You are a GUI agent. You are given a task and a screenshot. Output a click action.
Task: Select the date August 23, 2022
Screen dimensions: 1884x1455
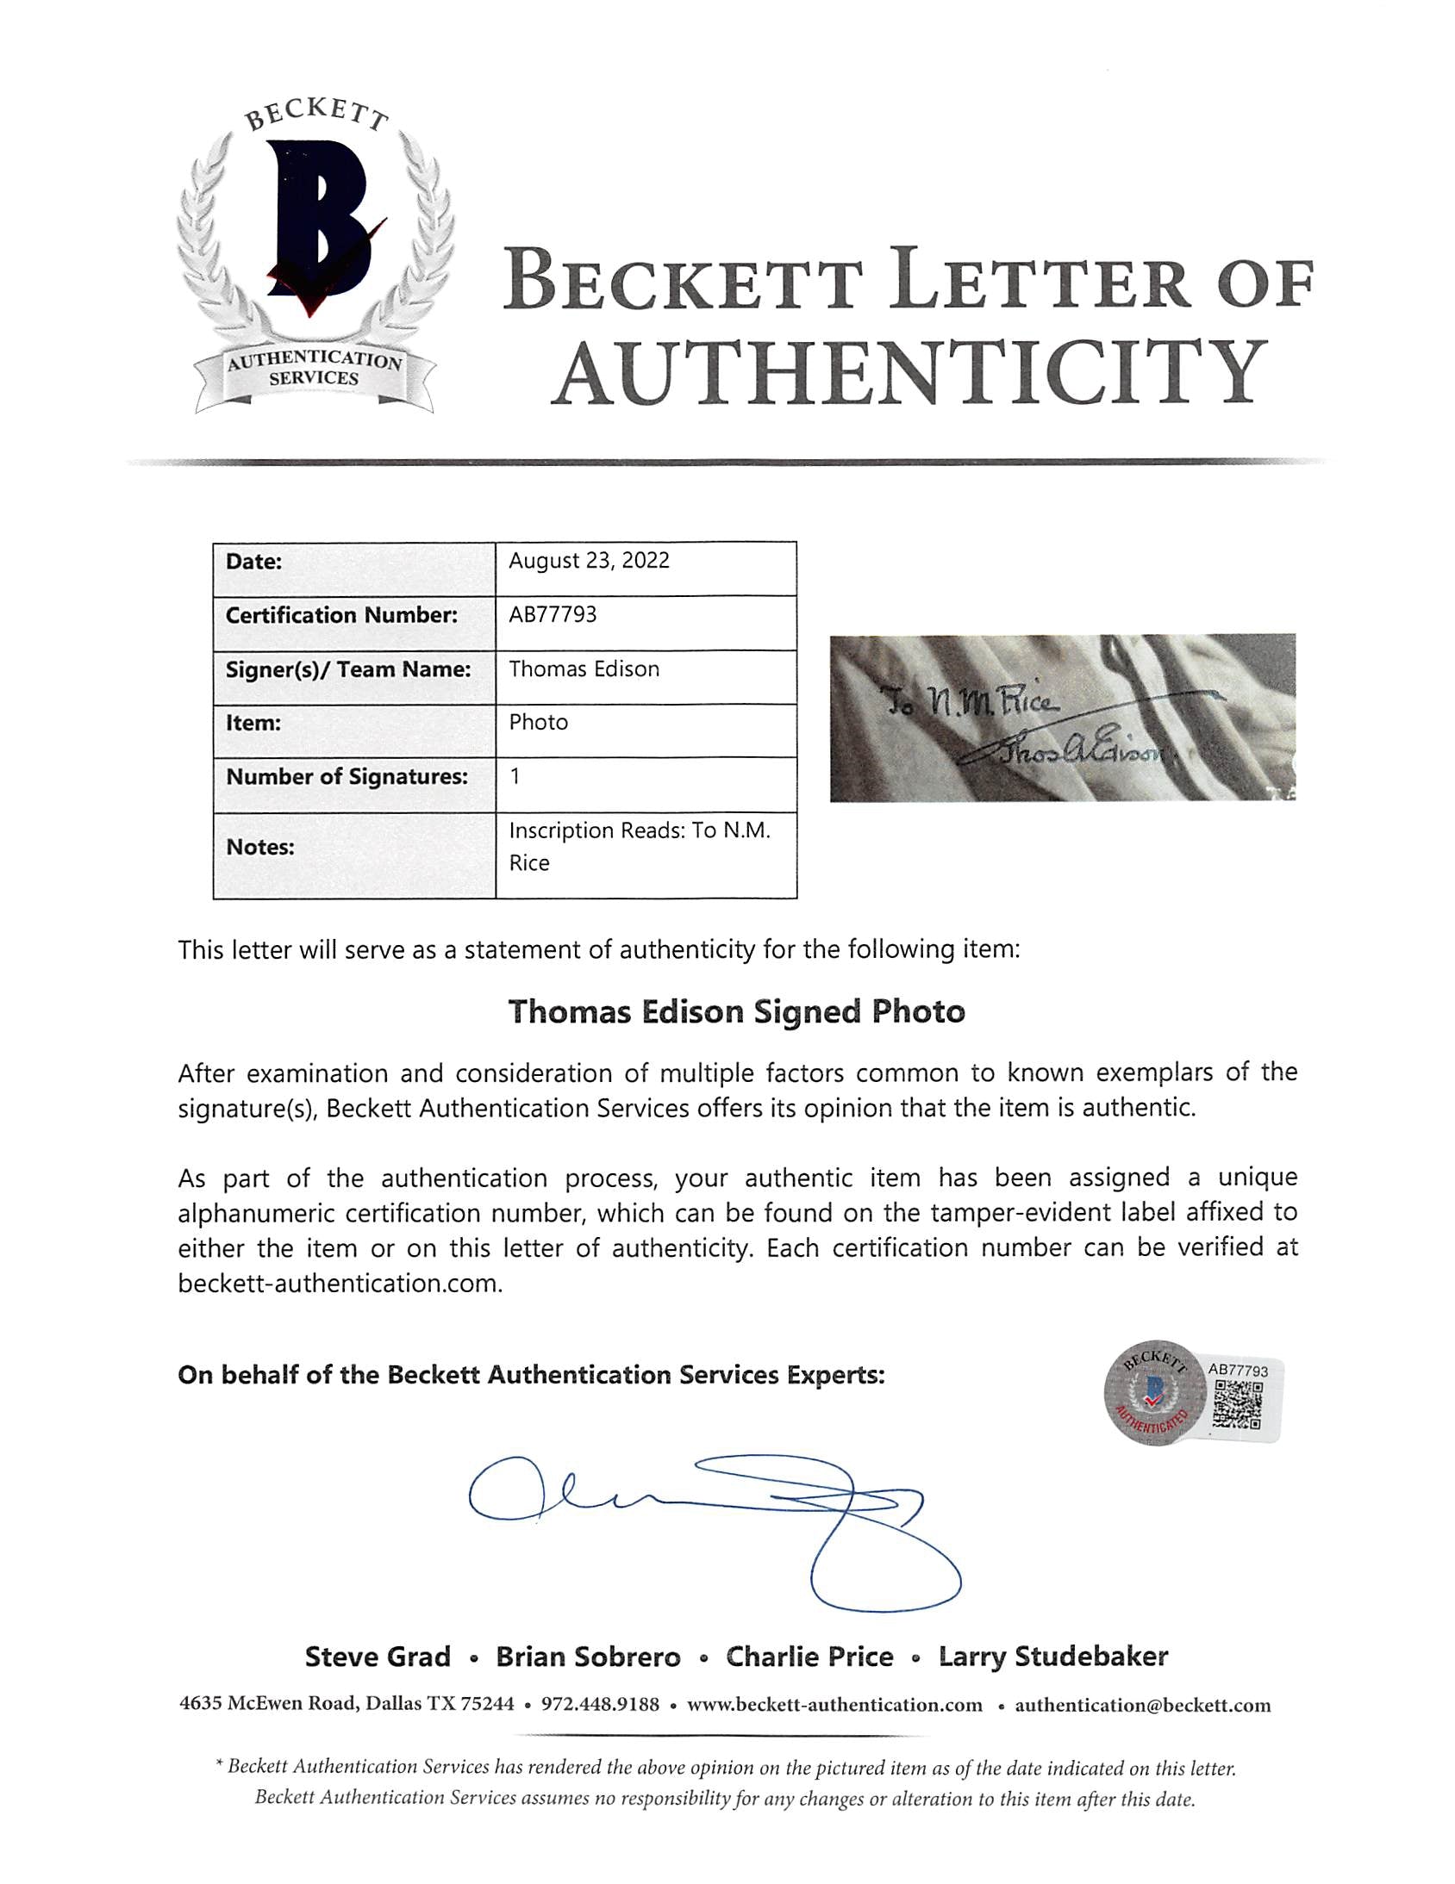pos(589,561)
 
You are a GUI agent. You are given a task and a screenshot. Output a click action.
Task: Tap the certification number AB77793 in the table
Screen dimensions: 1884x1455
pos(553,614)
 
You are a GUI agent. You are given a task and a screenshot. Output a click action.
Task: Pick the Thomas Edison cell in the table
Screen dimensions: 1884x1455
pos(584,668)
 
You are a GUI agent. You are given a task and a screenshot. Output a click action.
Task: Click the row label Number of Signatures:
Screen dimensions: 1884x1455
pos(347,776)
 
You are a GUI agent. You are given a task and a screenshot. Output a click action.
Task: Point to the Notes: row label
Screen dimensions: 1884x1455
pos(259,847)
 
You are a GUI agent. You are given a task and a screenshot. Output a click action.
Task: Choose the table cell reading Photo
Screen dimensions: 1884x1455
pos(539,722)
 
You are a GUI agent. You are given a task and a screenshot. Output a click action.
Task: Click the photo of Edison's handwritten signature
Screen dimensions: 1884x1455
pos(1061,718)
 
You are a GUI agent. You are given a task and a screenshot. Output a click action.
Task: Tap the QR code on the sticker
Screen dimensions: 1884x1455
pos(1238,1404)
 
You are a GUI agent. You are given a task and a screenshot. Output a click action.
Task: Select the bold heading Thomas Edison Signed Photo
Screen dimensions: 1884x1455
pos(736,1011)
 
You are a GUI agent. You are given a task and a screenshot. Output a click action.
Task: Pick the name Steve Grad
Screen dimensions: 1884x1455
pos(378,1657)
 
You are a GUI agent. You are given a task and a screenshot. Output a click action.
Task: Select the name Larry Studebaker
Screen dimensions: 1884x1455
pos(1052,1657)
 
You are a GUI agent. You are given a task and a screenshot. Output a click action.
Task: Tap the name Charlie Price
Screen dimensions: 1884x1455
pos(809,1657)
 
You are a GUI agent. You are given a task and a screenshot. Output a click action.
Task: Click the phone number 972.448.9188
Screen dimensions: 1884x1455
pos(600,1705)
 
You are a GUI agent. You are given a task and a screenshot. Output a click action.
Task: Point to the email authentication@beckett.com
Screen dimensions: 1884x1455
pos(1143,1705)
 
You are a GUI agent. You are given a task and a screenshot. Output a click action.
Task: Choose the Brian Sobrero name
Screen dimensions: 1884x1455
pos(588,1657)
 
